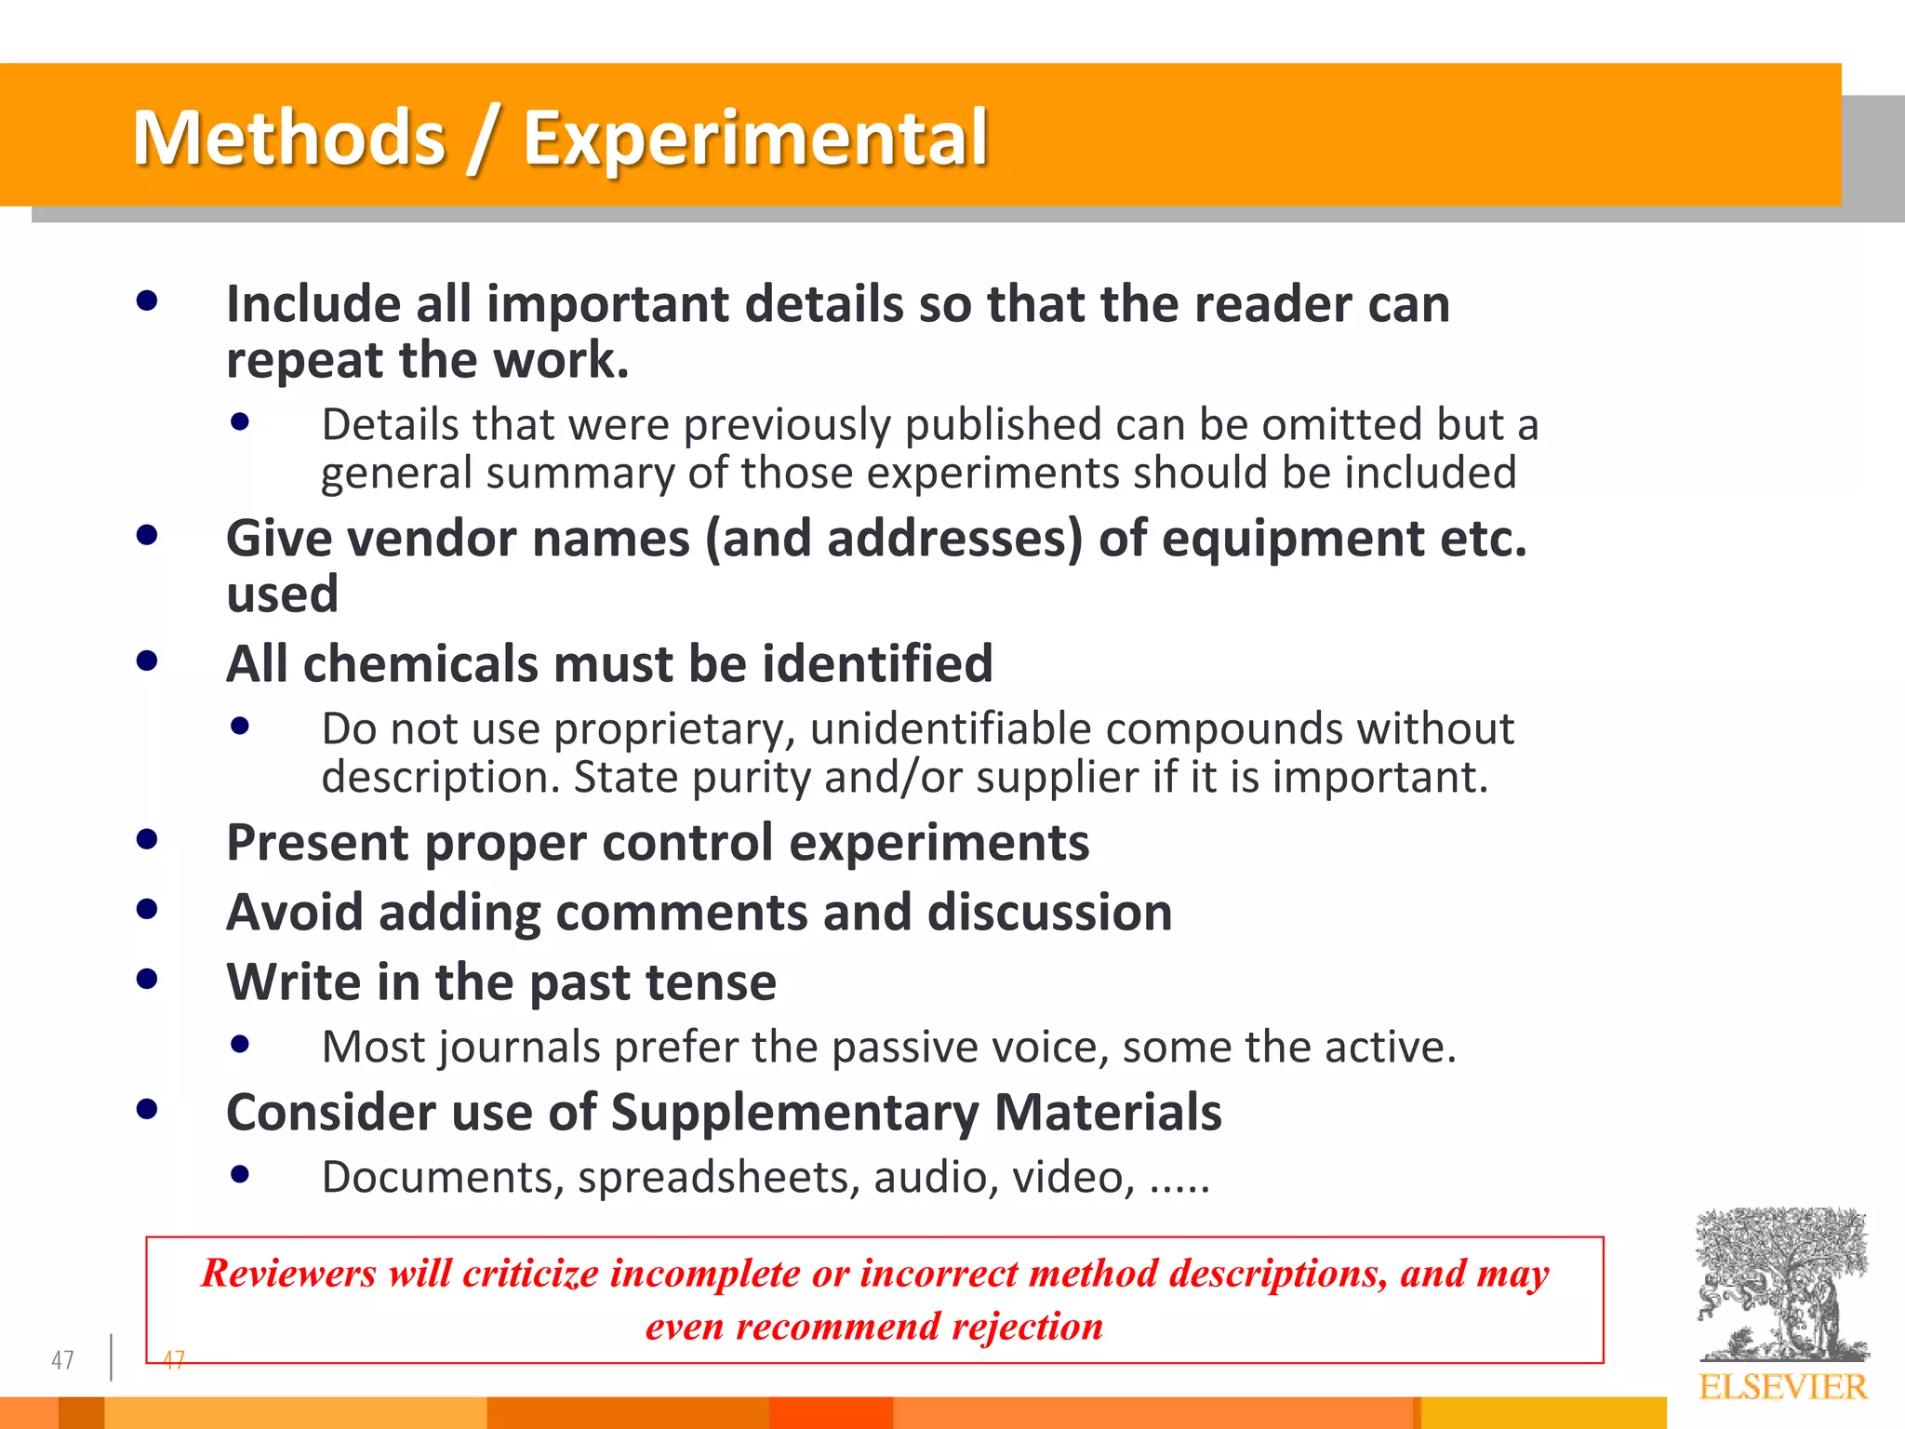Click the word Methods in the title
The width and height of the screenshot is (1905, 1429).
click(289, 139)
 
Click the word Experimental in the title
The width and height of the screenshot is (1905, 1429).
click(754, 139)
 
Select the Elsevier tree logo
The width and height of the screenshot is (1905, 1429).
click(1780, 1284)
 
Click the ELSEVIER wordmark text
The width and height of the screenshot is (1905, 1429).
click(1782, 1387)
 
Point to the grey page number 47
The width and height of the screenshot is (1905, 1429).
click(62, 1360)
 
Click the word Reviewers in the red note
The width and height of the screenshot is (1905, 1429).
click(288, 1273)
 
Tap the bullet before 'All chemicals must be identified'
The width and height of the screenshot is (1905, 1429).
click(147, 661)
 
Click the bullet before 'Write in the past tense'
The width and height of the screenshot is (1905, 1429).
click(147, 979)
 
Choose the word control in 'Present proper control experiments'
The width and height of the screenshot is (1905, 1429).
click(687, 843)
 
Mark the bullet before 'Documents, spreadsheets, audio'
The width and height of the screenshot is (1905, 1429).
click(240, 1174)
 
